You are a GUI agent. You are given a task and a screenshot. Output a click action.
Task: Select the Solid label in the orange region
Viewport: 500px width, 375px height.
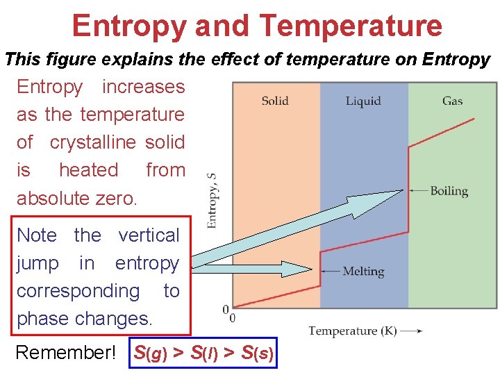[x=275, y=101]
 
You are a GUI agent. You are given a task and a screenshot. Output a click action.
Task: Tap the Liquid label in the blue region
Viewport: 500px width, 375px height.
[x=363, y=101]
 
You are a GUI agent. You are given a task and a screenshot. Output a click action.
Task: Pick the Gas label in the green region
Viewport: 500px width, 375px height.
[x=452, y=101]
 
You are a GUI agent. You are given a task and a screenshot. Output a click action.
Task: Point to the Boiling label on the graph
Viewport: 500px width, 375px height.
[x=449, y=191]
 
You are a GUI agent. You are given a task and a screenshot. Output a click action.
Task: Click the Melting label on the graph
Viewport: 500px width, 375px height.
[x=363, y=272]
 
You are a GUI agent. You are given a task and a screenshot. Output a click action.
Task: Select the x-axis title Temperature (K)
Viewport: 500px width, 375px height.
[x=352, y=331]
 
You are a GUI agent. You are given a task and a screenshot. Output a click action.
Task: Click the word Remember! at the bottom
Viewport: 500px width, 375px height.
[x=66, y=353]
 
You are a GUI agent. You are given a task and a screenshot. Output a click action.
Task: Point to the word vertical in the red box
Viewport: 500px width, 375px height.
[x=149, y=235]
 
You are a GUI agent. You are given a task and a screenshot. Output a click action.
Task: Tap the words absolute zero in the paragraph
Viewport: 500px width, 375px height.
[x=77, y=198]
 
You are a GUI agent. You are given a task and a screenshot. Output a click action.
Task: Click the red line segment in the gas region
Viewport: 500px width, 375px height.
[x=442, y=133]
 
